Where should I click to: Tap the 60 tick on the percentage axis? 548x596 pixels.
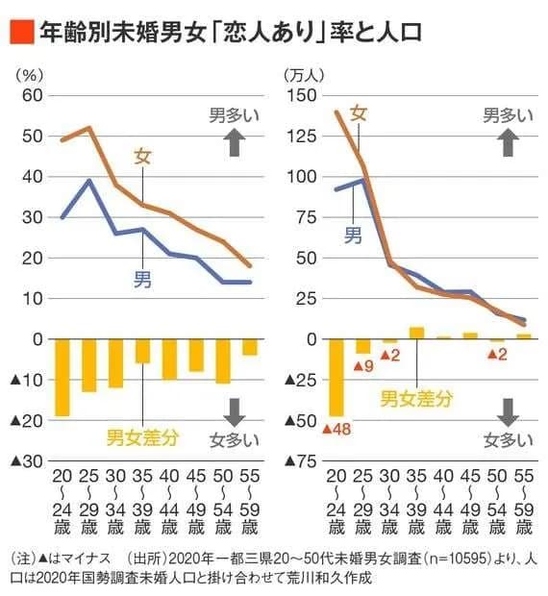click(x=32, y=95)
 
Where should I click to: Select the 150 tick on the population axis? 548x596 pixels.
click(x=301, y=95)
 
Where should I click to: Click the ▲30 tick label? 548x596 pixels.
click(x=26, y=461)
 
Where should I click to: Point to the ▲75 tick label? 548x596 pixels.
click(x=299, y=461)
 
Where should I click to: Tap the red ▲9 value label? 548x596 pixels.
click(x=362, y=365)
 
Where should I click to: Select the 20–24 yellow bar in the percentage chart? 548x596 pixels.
click(x=62, y=378)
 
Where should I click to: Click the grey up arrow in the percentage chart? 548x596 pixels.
click(x=235, y=143)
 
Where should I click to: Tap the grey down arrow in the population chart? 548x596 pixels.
click(x=509, y=410)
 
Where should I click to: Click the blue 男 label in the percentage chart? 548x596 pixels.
click(x=141, y=280)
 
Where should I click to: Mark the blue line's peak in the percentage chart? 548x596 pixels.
click(x=89, y=180)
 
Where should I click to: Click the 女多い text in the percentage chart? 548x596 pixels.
click(x=236, y=441)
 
